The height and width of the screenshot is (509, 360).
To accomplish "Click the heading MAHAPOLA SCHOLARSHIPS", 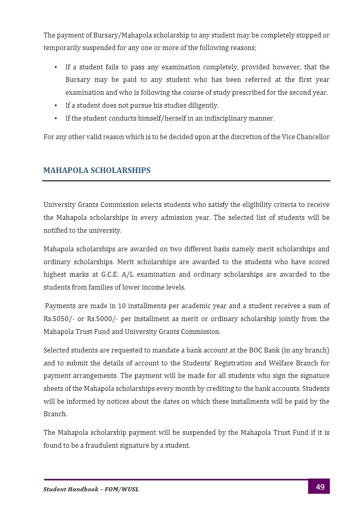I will [x=97, y=171].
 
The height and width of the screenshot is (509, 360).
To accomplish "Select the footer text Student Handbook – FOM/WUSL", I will [x=91, y=490].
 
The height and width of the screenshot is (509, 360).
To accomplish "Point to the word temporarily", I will [x=62, y=48].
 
